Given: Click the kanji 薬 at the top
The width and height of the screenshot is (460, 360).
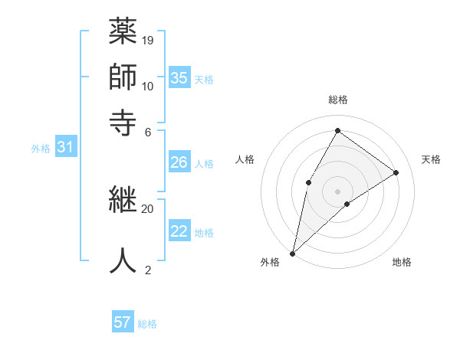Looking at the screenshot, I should (122, 32).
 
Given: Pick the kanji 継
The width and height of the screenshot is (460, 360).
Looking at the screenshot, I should (122, 201).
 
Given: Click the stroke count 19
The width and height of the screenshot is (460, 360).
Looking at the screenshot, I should (148, 40).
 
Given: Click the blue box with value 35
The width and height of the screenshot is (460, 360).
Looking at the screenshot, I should (179, 77).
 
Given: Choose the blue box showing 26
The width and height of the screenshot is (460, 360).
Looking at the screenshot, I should (179, 162).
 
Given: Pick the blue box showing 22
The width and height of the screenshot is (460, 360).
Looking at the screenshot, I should (179, 231).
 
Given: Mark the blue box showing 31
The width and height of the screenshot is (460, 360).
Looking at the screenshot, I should (64, 147).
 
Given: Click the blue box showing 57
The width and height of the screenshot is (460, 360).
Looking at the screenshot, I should (122, 322).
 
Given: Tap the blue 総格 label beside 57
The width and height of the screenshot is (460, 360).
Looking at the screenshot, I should (147, 324).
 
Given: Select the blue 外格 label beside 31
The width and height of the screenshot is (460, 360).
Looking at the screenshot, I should (40, 149).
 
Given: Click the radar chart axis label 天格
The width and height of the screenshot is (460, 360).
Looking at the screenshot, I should (431, 159).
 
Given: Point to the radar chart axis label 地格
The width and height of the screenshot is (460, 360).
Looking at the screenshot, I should (402, 262).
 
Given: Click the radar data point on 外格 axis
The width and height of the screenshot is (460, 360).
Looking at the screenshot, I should (292, 253).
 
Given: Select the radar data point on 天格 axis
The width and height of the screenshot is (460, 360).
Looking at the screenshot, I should (396, 172).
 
